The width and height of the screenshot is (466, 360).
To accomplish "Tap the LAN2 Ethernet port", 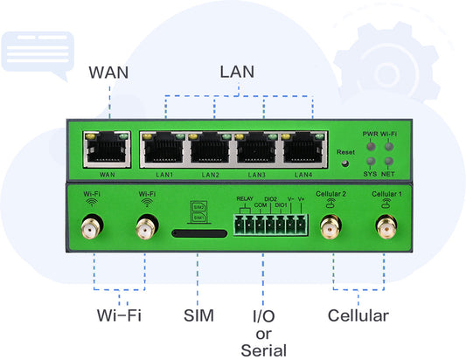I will [211, 151].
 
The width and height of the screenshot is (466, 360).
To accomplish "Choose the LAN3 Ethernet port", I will [256, 151].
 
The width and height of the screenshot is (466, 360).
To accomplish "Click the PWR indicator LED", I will [370, 147].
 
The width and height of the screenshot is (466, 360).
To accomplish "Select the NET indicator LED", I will [386, 163].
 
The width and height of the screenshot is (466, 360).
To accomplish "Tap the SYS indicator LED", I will [370, 163].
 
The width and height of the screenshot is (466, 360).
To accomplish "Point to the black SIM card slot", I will [197, 234].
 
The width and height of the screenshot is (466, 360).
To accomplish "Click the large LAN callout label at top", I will [237, 72].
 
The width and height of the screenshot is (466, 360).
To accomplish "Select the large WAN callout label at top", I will [108, 72].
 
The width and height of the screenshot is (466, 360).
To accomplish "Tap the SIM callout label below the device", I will [198, 315].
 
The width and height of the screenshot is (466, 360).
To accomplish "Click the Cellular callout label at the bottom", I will [358, 315].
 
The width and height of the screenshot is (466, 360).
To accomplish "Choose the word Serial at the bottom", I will [263, 350].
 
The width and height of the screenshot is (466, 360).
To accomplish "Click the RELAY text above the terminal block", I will [244, 200].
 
